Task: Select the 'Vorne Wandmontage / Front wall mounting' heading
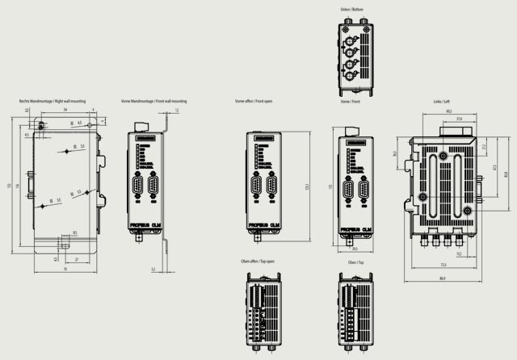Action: [x=153, y=102]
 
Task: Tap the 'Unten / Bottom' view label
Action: [x=352, y=10]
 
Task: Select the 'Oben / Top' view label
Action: [x=352, y=262]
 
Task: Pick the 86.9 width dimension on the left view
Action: [x=442, y=278]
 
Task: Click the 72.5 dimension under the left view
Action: [x=443, y=264]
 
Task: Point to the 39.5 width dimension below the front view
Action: [x=354, y=249]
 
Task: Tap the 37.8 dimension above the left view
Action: [x=459, y=118]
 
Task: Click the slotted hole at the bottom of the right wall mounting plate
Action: [x=64, y=241]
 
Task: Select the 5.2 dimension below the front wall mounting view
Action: [x=153, y=267]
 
